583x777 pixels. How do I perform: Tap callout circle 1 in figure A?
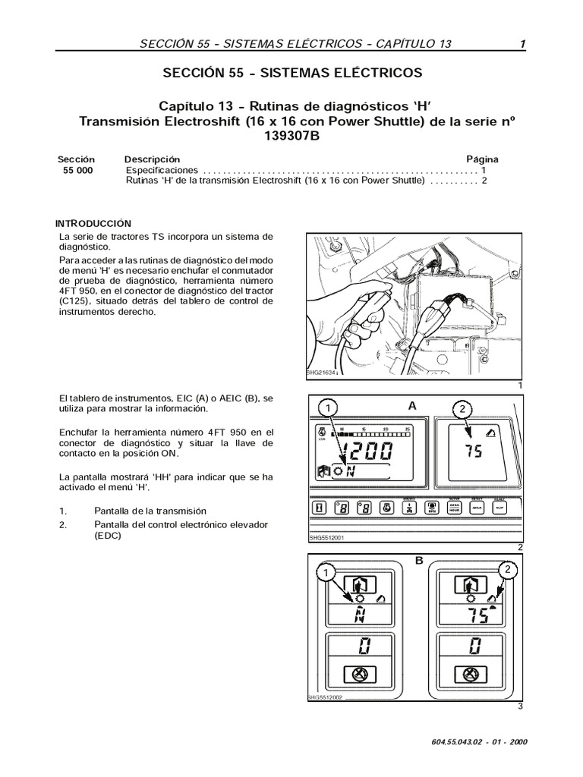(x=327, y=409)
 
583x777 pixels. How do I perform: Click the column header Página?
(x=482, y=160)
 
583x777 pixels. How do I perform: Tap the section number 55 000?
(x=76, y=171)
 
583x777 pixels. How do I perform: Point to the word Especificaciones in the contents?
(x=161, y=171)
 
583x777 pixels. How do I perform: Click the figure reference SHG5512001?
(x=328, y=539)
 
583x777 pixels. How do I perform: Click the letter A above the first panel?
(x=412, y=406)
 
